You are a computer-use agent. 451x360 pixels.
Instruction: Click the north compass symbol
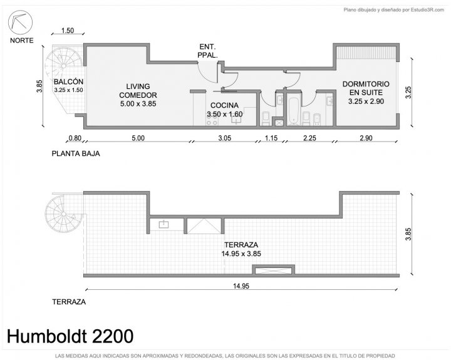(20, 22)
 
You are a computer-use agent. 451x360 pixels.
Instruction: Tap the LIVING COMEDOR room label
(138, 95)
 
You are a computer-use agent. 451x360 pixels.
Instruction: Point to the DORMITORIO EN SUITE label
(366, 92)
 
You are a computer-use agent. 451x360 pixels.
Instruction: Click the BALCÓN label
(68, 85)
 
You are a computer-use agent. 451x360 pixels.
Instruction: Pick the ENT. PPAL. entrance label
(207, 51)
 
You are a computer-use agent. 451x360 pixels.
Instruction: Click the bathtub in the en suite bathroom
(293, 111)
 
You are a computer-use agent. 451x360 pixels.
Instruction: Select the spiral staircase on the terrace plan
(63, 214)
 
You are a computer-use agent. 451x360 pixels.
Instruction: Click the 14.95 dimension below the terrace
(241, 286)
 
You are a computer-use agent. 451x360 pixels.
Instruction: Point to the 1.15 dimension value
(271, 138)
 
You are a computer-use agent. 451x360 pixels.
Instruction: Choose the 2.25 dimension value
(309, 138)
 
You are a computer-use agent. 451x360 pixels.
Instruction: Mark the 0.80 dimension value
(75, 138)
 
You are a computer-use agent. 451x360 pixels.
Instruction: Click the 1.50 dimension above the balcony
(68, 30)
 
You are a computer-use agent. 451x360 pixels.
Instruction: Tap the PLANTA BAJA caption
(76, 153)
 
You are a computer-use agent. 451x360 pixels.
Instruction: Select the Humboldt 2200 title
(70, 336)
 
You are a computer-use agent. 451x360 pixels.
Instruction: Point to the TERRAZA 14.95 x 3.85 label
(241, 249)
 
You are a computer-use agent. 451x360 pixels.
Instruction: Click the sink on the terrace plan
(163, 224)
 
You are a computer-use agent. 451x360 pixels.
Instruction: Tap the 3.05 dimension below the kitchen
(225, 138)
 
